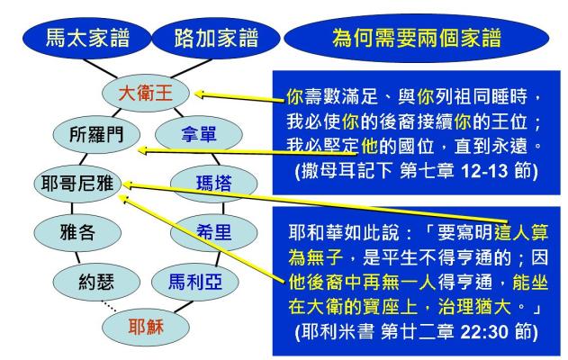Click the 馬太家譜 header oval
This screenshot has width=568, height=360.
(x=87, y=38)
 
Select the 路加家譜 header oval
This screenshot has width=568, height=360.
(x=216, y=38)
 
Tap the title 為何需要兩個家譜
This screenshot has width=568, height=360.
(x=417, y=38)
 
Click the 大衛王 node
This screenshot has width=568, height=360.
(x=146, y=93)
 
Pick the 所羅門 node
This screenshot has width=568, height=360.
(x=96, y=134)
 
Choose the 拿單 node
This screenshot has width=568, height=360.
(x=199, y=134)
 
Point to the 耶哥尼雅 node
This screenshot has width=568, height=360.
(x=77, y=183)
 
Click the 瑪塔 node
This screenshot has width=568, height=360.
(x=213, y=183)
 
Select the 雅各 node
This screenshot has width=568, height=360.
(x=77, y=232)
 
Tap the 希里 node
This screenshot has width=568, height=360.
(x=213, y=232)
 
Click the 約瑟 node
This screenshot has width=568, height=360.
(x=96, y=282)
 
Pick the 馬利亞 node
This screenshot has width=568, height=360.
(x=195, y=282)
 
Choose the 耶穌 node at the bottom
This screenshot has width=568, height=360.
(x=146, y=327)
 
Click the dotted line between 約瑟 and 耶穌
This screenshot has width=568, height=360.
(x=109, y=306)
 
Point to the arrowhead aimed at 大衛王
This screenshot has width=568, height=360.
(x=201, y=94)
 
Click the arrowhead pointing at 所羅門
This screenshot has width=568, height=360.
(x=144, y=150)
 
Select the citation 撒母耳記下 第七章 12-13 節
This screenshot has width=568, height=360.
(x=417, y=171)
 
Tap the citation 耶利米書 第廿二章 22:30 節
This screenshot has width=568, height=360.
(x=417, y=331)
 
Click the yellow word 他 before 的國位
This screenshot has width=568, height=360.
(x=369, y=147)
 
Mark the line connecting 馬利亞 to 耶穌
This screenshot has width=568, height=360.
(x=184, y=306)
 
